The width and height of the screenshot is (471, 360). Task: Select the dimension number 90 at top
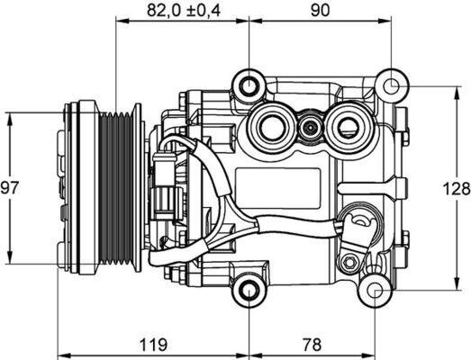(319, 11)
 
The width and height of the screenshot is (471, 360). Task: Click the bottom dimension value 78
(312, 343)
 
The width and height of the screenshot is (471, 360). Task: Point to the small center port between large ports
(310, 127)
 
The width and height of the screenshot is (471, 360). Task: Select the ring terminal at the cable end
(360, 222)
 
